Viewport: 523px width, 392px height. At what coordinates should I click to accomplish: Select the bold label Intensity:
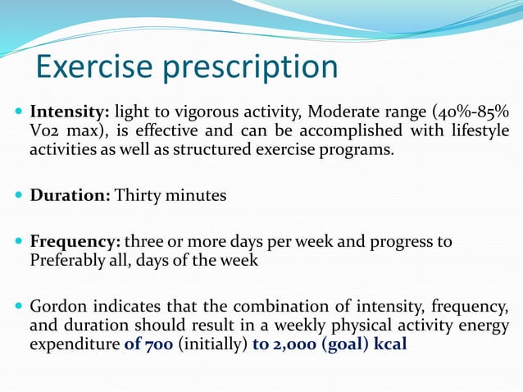coord(70,112)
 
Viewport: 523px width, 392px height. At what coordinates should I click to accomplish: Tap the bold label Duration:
coord(70,196)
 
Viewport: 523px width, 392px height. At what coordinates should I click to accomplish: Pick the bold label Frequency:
coord(75,243)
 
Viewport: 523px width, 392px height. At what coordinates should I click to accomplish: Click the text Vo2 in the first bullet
coord(44,131)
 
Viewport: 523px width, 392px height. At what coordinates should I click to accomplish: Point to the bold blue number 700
coord(156,344)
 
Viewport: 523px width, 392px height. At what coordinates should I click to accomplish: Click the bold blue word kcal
coord(389,344)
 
